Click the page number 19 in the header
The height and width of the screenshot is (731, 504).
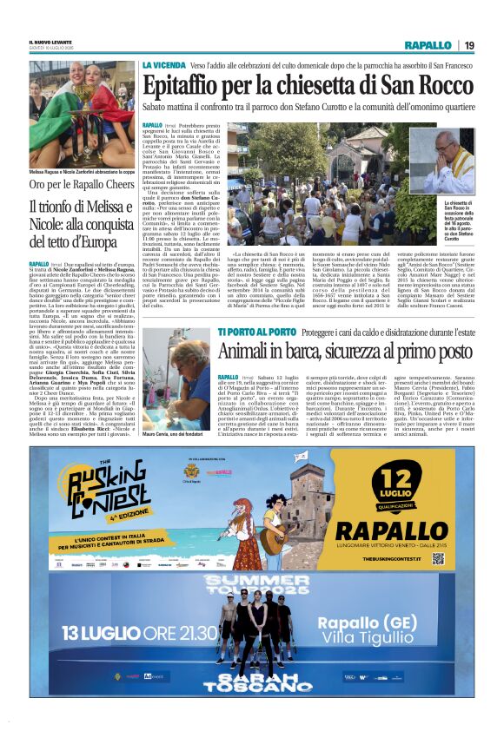pos(468,44)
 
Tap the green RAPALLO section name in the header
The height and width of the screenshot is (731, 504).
pos(428,44)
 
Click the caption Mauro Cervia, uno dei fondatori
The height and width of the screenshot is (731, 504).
pos(176,433)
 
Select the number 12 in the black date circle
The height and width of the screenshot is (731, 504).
pos(401,480)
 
